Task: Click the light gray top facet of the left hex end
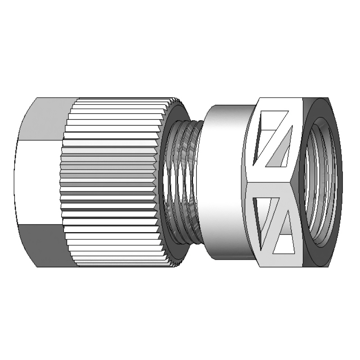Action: [x=45, y=118]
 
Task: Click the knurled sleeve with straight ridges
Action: [x=112, y=180]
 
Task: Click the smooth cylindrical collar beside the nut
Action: [x=225, y=180]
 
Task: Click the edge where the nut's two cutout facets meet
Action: [x=270, y=184]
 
